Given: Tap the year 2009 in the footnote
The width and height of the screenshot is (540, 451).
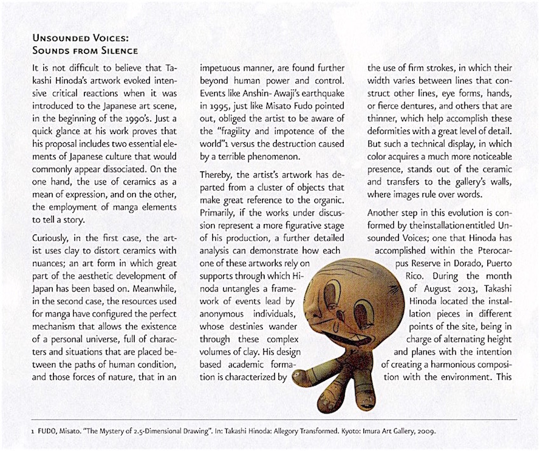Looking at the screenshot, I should point(424,431).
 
